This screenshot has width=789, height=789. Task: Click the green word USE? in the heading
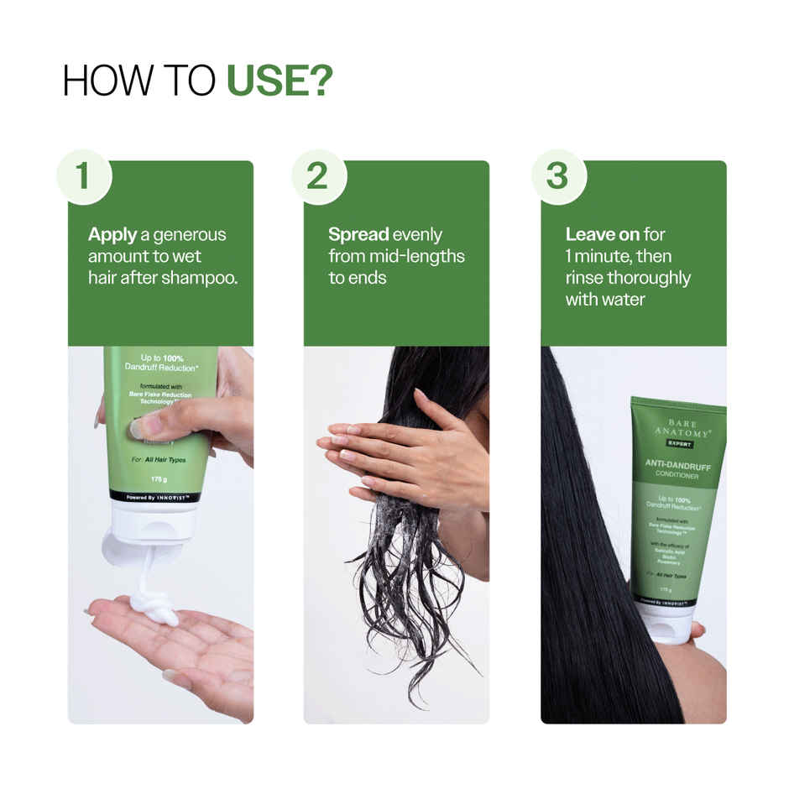click(280, 81)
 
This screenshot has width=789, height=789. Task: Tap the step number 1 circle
click(83, 177)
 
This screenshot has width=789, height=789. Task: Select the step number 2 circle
click(318, 177)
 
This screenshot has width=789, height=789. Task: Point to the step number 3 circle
click(558, 177)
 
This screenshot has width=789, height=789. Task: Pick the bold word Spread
click(358, 235)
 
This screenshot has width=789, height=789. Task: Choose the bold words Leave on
click(602, 235)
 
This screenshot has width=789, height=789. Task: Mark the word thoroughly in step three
click(651, 278)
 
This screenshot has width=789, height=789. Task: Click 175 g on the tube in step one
click(160, 479)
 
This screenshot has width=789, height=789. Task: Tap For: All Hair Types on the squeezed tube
click(159, 460)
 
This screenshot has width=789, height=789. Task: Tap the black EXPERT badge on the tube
click(677, 443)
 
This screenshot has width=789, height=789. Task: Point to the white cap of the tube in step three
click(667, 626)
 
